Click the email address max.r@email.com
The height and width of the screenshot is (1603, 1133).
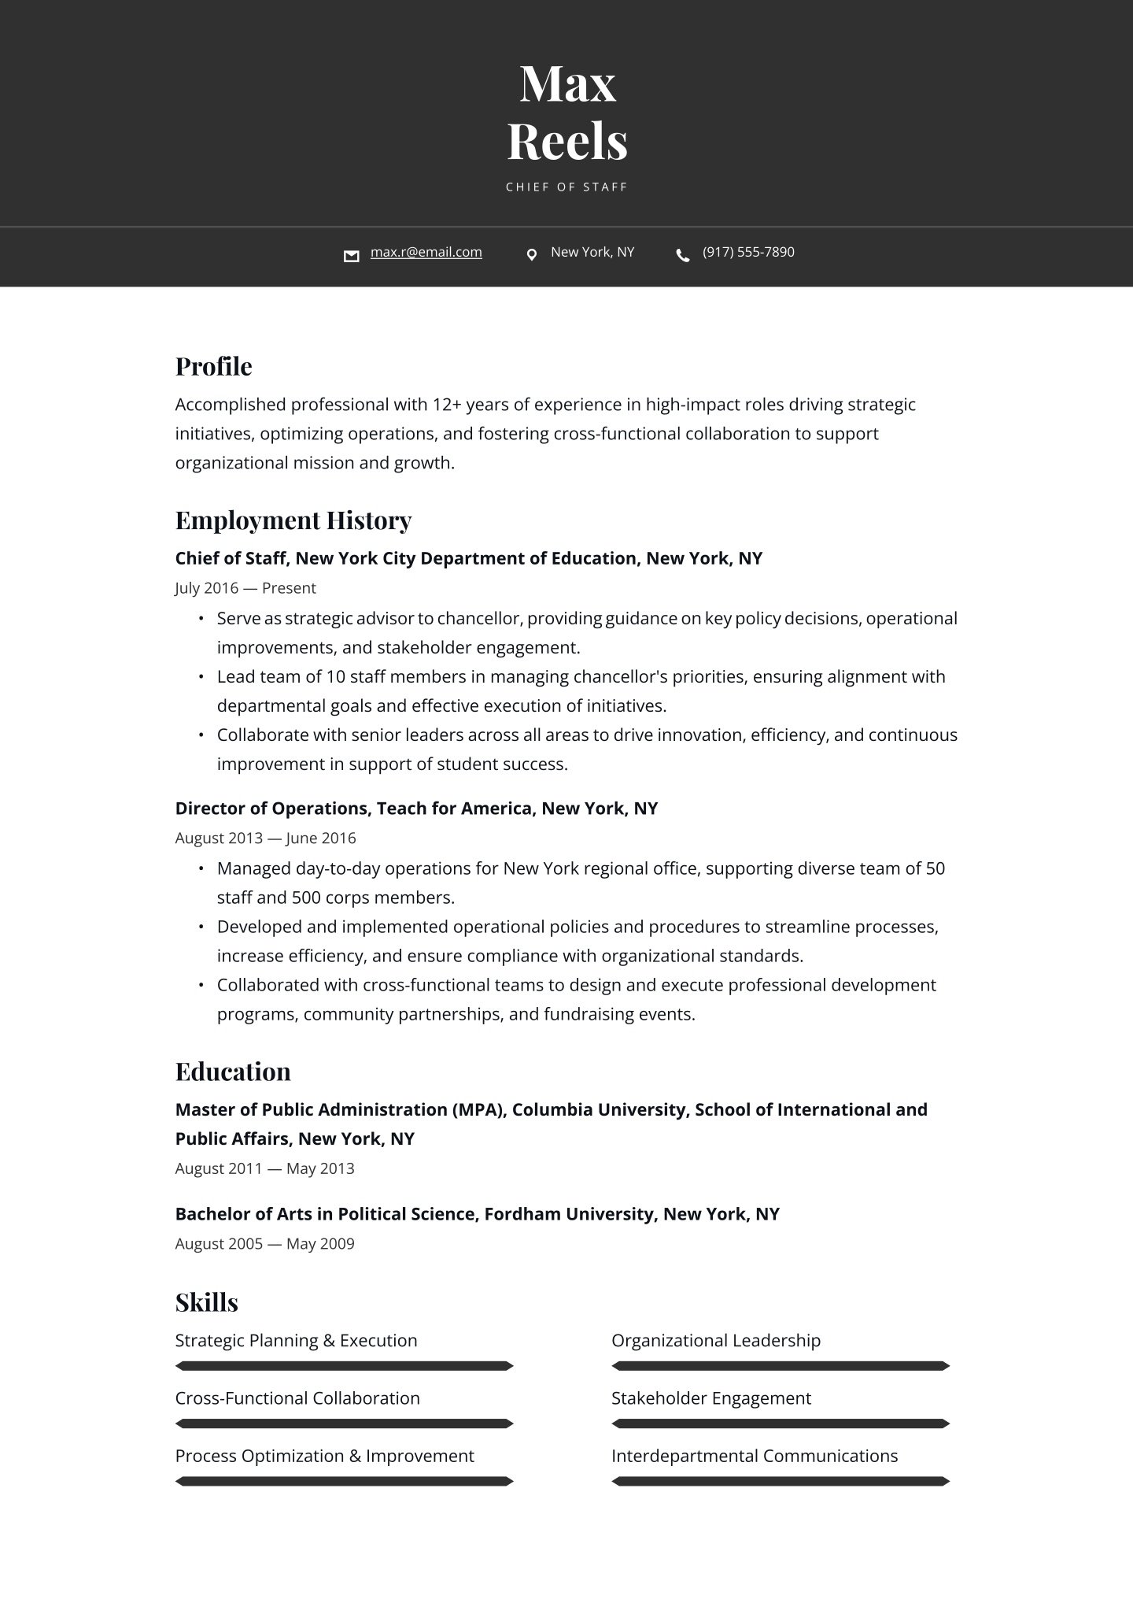pos(426,252)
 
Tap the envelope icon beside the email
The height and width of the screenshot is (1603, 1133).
pos(352,255)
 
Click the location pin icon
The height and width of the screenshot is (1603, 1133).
pos(532,254)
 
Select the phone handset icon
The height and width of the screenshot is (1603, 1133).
pos(683,255)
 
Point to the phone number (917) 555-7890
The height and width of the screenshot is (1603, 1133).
pos(748,252)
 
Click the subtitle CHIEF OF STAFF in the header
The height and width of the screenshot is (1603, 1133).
pos(566,187)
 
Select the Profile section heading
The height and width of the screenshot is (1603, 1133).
pos(213,366)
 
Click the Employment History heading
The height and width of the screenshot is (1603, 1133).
pos(293,520)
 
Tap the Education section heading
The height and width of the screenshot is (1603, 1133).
pos(233,1072)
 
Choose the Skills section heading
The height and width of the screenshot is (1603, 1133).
pos(206,1302)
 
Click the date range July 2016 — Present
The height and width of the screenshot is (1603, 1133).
pos(245,588)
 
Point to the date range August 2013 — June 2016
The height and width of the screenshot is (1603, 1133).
pos(265,838)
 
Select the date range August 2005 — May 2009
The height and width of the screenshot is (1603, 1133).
pos(264,1244)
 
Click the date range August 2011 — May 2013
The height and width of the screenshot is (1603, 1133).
pos(264,1168)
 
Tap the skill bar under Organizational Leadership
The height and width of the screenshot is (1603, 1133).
pos(781,1366)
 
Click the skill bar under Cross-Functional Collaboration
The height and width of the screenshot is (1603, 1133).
pos(344,1423)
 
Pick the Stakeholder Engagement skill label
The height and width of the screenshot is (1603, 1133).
pos(710,1398)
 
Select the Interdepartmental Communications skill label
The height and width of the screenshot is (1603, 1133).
pos(754,1456)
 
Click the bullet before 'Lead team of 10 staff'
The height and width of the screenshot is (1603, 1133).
pos(201,677)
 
